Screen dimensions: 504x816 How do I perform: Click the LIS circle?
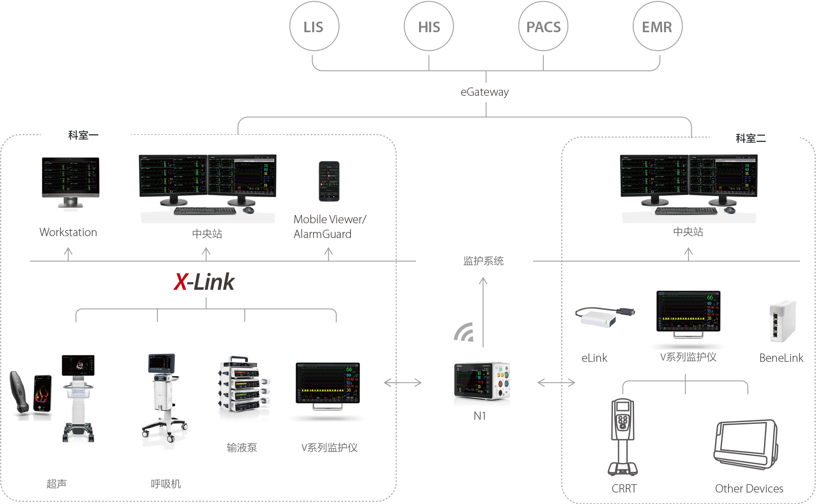314,27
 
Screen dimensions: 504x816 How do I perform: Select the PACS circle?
543,27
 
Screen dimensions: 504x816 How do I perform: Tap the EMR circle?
657,27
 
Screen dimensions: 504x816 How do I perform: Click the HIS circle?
429,27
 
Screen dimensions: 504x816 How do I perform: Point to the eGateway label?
484,92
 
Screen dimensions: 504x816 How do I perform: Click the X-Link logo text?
204,282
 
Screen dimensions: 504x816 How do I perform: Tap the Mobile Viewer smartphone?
329,181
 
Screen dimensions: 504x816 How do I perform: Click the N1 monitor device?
482,381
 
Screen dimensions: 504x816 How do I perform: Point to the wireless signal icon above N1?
464,332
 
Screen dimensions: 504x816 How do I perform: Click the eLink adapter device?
603,317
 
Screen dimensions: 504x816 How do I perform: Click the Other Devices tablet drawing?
745,444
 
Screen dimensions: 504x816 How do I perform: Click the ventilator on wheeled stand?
163,396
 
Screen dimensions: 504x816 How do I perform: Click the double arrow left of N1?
402,382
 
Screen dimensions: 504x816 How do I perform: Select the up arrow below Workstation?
68,254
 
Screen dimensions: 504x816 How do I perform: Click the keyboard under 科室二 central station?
686,211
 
